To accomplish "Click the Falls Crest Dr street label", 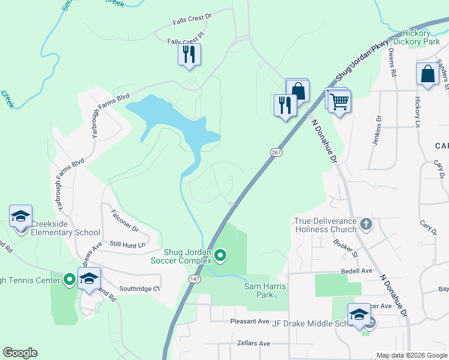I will pyautogui.click(x=192, y=19).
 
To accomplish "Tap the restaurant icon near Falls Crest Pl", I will pyautogui.click(x=189, y=55).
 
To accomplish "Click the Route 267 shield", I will pyautogui.click(x=276, y=153).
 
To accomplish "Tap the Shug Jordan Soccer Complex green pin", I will pyautogui.click(x=220, y=256).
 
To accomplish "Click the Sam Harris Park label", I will pyautogui.click(x=265, y=290).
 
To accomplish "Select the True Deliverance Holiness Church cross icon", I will pyautogui.click(x=366, y=225).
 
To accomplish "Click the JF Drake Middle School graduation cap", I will pyautogui.click(x=359, y=315).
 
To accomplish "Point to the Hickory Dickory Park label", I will pyautogui.click(x=421, y=37).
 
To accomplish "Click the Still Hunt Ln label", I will pyautogui.click(x=128, y=244).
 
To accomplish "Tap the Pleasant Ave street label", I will pyautogui.click(x=250, y=321).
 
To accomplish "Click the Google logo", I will pyautogui.click(x=20, y=353).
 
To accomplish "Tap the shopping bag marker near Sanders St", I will pyautogui.click(x=427, y=74).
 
